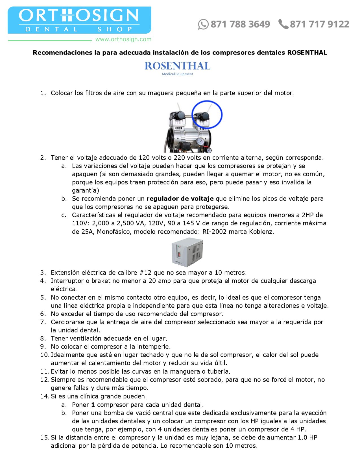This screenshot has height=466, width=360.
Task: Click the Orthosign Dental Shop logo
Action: [79, 20]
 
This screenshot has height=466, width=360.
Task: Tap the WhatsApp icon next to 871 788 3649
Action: [203, 24]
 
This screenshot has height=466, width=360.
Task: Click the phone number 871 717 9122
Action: [319, 24]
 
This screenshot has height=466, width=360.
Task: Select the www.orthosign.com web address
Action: [123, 39]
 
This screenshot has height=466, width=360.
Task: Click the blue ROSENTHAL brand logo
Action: [177, 66]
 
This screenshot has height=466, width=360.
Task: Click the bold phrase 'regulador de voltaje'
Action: [180, 199]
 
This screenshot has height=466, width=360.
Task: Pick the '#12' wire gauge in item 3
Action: [145, 273]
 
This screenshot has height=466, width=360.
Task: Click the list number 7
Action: [43, 322]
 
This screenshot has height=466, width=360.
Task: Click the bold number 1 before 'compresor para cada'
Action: [93, 405]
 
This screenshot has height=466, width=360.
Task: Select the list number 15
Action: [45, 437]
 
